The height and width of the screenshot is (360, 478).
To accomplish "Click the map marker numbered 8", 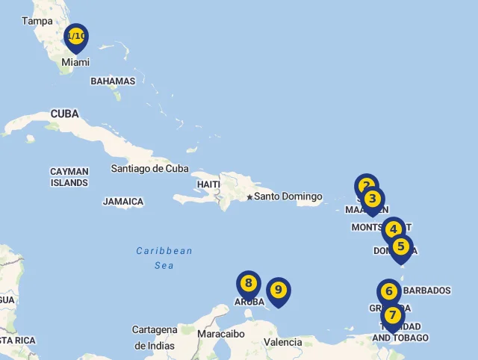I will (x=249, y=284).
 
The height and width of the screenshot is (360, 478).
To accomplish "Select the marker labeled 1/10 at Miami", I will (x=76, y=37).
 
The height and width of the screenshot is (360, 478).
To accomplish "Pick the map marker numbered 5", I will (x=401, y=246).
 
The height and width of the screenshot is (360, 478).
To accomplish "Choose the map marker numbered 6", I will (x=389, y=291).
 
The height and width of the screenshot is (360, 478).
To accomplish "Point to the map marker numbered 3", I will (x=373, y=199).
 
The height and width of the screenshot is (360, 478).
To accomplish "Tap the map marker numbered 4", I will (x=393, y=229).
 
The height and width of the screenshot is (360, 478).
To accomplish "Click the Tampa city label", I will (x=37, y=21).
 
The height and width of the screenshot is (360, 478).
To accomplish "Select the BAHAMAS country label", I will (x=113, y=81).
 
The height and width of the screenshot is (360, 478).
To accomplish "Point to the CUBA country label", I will (x=65, y=114).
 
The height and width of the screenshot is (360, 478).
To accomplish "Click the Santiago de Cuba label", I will (x=149, y=168).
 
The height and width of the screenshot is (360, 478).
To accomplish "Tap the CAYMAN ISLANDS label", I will (x=69, y=177).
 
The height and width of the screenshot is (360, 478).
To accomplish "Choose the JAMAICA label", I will (x=123, y=202).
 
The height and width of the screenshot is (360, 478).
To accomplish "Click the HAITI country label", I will (x=208, y=184).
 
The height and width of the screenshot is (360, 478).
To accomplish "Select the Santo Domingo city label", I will (x=288, y=196).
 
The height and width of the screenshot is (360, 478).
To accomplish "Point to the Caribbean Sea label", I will (x=164, y=258).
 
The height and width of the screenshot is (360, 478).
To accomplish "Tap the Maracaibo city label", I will (x=221, y=334).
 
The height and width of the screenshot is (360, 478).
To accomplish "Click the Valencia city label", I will (x=283, y=342).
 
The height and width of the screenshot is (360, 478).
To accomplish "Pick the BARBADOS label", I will (x=427, y=290).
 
